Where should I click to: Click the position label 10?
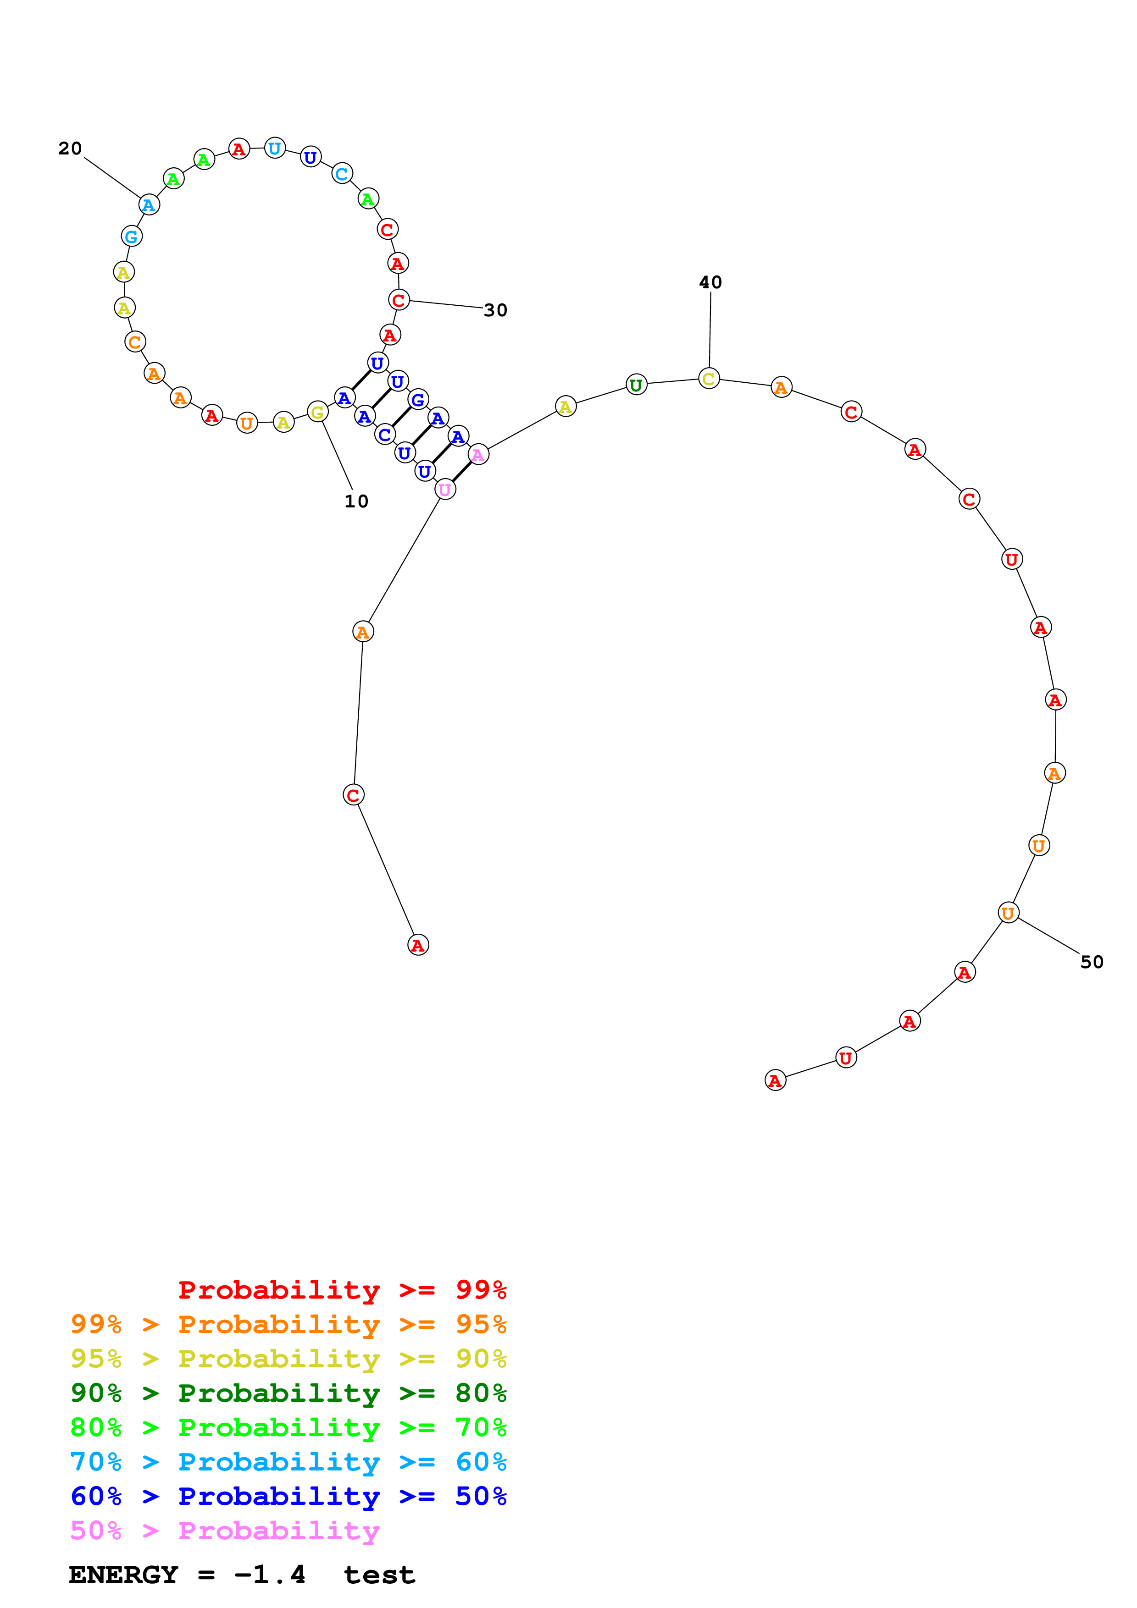356,501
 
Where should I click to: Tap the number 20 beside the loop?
70,149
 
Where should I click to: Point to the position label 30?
495,310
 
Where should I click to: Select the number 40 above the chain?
710,282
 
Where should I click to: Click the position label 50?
1092,962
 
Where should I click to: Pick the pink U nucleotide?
445,490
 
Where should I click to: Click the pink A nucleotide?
478,455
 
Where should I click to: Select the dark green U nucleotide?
636,385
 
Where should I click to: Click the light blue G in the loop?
132,237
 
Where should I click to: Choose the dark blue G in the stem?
417,400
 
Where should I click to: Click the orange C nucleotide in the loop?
134,342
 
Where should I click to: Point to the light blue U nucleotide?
275,149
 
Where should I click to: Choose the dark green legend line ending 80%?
288,1393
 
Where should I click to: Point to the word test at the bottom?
379,1575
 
